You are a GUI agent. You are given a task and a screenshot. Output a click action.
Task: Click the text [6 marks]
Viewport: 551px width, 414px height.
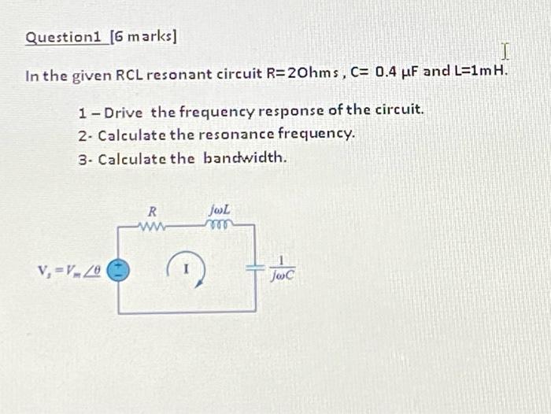(x=144, y=37)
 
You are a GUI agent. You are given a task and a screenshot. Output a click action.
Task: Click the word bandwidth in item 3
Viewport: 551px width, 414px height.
(x=245, y=157)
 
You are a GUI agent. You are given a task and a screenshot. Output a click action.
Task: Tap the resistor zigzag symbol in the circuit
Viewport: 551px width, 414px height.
(x=152, y=227)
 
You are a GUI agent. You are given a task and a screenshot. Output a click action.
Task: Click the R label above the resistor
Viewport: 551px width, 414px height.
(x=153, y=211)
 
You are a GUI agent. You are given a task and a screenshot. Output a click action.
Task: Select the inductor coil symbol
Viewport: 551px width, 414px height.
(x=218, y=226)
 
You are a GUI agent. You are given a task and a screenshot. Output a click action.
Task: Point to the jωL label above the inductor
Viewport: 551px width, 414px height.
(x=220, y=210)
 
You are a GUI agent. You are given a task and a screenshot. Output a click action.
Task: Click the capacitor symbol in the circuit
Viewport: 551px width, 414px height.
(x=255, y=268)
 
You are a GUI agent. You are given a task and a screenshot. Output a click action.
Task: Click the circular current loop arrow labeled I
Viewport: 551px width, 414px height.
(x=187, y=268)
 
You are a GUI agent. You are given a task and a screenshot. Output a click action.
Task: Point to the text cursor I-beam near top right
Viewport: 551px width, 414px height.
(x=505, y=52)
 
